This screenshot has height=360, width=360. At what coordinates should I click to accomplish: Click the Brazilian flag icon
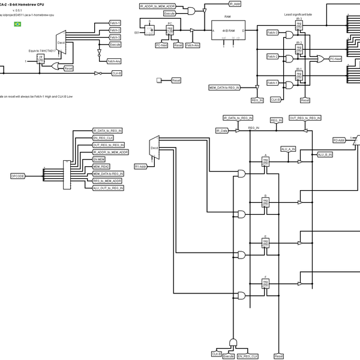coord(17,23)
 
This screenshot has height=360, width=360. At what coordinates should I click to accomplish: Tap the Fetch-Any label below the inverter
coord(114,61)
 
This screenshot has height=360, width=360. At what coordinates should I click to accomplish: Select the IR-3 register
coord(299,27)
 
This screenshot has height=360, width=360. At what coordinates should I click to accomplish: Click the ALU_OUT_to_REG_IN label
coord(109,188)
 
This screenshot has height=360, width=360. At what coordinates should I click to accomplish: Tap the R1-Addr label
coord(141,166)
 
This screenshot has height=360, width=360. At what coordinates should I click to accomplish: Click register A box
coord(265,161)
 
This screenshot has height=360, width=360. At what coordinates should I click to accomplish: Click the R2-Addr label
coord(340,140)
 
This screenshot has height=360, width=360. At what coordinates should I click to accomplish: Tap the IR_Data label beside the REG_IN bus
coord(222,130)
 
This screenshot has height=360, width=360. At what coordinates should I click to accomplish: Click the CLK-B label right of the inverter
coord(117,73)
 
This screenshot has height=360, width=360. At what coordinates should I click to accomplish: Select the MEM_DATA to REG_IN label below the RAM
coord(224,88)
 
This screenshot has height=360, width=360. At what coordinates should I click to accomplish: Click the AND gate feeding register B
coord(241,214)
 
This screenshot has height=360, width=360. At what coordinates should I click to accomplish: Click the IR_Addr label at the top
coord(235,4)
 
